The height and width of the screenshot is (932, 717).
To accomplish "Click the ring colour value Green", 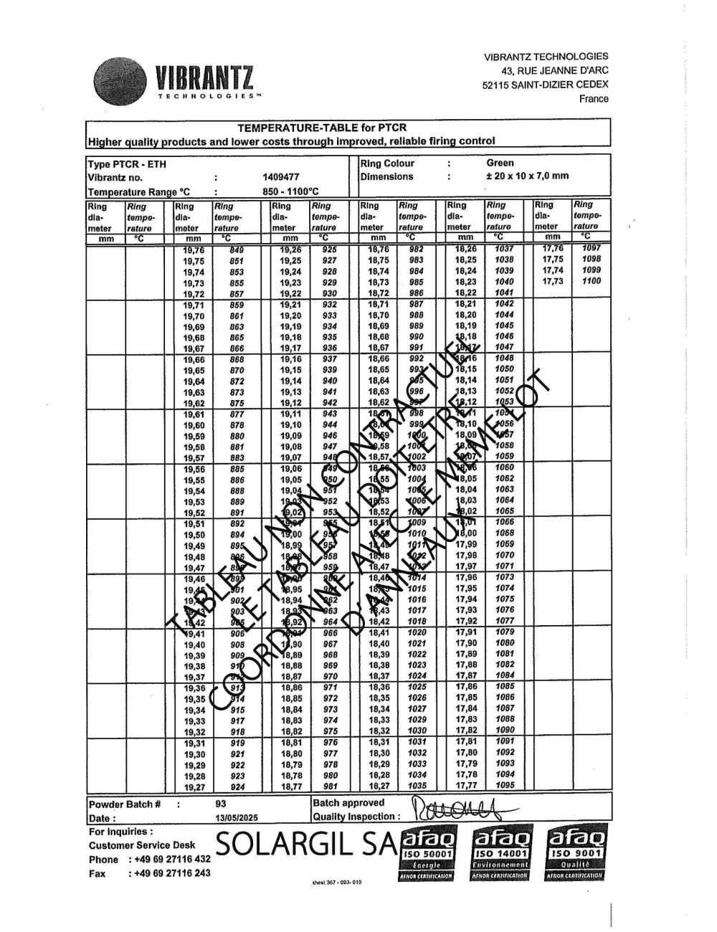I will pos(500,163).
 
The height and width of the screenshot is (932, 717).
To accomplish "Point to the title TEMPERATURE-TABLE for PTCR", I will pos(322,128).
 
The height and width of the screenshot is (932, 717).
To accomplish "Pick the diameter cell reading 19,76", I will pos(194,250).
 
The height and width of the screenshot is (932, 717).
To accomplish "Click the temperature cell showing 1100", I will pos(592,282).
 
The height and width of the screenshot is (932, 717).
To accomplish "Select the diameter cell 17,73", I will pos(552,282).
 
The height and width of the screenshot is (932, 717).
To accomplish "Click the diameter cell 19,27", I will pos(194,787).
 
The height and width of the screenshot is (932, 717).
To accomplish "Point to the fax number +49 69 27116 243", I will pos(169,873).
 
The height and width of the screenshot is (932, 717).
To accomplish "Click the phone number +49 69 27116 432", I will pos(169,859).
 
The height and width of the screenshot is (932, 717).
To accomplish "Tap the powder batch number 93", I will pos(221,804).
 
